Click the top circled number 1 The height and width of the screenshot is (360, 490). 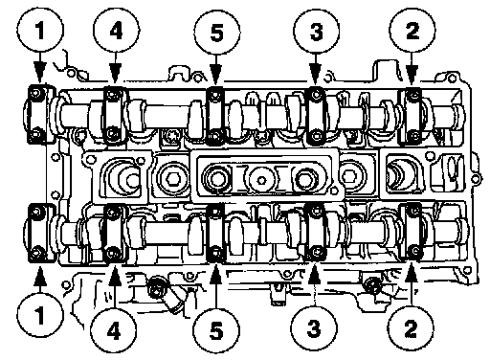pyautogui.click(x=40, y=31)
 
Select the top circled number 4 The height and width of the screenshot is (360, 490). pyautogui.click(x=116, y=31)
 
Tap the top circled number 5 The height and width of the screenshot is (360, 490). pyautogui.click(x=217, y=32)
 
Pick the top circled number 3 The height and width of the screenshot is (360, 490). pyautogui.click(x=316, y=32)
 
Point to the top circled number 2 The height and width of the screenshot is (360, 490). pyautogui.click(x=412, y=31)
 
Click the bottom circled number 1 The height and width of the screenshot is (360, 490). pyautogui.click(x=40, y=316)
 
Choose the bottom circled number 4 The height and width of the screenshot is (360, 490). pyautogui.click(x=114, y=330)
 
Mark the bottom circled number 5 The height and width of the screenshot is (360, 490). pyautogui.click(x=216, y=330)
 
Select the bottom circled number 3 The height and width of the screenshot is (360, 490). pyautogui.click(x=314, y=328)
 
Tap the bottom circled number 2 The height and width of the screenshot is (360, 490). pyautogui.click(x=411, y=328)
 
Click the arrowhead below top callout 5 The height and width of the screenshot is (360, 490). pyautogui.click(x=216, y=76)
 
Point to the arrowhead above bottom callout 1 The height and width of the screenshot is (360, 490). pyautogui.click(x=40, y=276)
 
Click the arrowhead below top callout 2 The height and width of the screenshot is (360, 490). pyautogui.click(x=412, y=76)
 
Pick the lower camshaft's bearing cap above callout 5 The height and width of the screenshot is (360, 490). pyautogui.click(x=215, y=233)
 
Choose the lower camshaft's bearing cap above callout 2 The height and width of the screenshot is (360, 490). pyautogui.click(x=412, y=231)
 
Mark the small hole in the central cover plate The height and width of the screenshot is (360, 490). pyautogui.click(x=261, y=180)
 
